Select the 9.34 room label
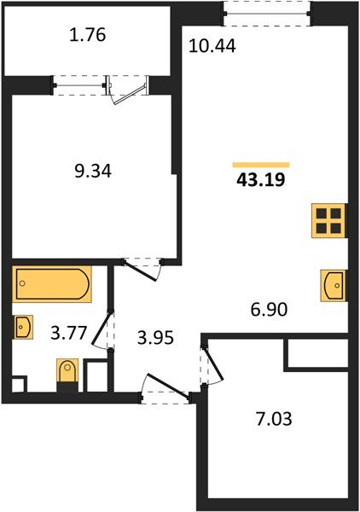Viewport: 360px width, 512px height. click(x=93, y=172)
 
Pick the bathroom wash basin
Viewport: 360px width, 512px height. click(x=23, y=326)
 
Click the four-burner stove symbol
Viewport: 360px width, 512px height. click(x=328, y=220)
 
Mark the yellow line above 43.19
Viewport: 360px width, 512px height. click(x=261, y=165)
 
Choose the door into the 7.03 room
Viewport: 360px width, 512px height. click(x=210, y=364)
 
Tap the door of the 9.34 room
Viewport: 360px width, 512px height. click(x=142, y=266)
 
